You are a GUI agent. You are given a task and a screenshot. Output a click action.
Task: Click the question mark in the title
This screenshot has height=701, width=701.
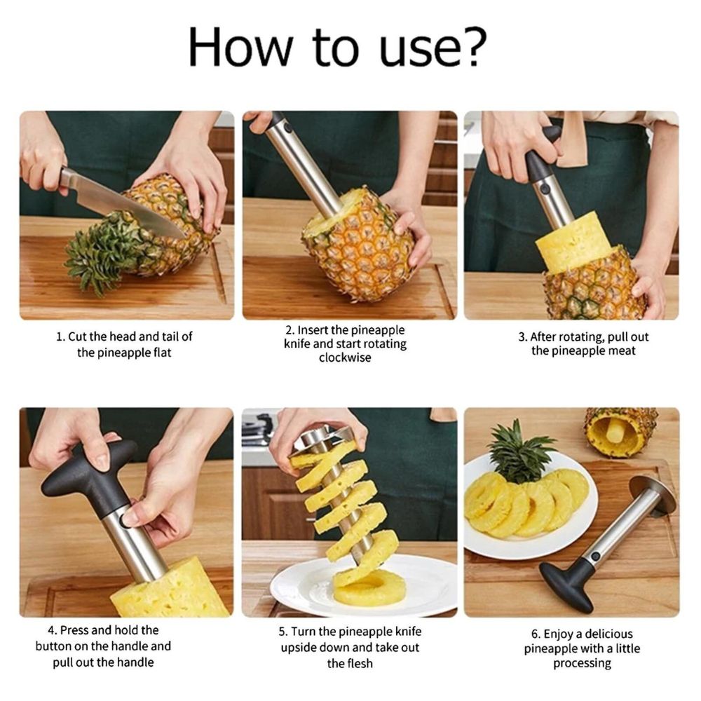(x=471, y=46)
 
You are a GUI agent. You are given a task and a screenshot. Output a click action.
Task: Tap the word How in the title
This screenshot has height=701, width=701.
(x=240, y=47)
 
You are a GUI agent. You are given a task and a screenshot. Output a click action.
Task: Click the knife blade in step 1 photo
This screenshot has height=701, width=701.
(x=126, y=203)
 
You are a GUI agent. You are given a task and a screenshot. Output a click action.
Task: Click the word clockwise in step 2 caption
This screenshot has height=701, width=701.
(x=345, y=358)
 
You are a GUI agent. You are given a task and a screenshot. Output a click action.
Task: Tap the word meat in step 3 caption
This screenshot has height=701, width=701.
(x=620, y=351)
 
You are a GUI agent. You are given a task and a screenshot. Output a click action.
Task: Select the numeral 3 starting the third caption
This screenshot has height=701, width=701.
(x=522, y=337)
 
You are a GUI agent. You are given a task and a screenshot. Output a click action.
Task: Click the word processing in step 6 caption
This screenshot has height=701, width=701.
(x=582, y=663)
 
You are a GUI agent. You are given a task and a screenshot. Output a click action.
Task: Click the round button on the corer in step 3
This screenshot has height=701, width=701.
(x=544, y=189)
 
